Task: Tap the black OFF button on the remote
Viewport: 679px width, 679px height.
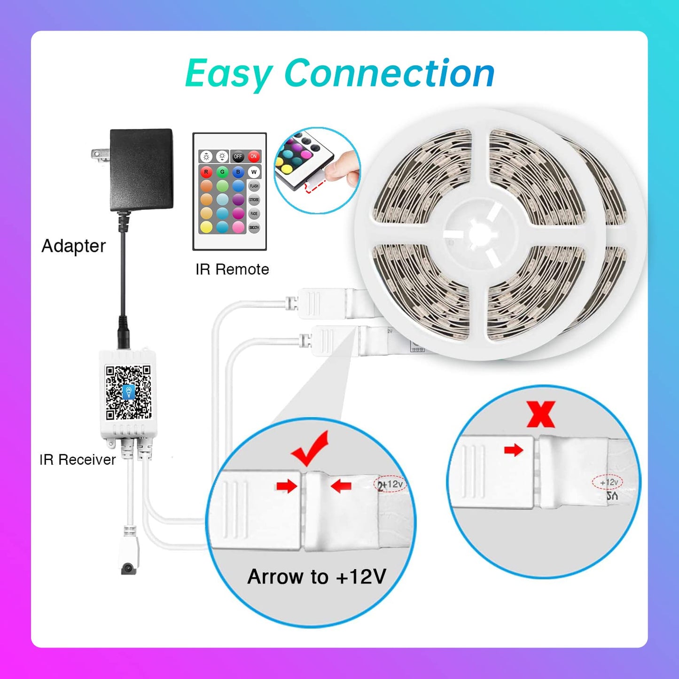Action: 238,156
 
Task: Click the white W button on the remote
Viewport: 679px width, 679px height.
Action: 254,172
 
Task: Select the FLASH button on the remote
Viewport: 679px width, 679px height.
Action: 254,186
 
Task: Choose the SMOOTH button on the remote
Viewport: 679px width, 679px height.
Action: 254,227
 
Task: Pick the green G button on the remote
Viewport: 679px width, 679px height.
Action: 222,172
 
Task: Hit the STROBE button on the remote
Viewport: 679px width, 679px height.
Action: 254,200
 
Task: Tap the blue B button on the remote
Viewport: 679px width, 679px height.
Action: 238,172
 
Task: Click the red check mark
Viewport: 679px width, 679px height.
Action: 310,448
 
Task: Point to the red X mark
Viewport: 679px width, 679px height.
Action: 541,414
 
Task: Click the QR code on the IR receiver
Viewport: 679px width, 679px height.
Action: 128,392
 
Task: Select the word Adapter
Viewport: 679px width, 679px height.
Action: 74,246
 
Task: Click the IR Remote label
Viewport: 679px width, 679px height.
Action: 232,269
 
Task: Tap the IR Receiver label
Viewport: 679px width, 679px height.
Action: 78,460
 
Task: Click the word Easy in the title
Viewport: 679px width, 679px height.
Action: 229,74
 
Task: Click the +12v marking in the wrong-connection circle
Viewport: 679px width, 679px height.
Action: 609,482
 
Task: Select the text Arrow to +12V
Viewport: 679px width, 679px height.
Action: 317,577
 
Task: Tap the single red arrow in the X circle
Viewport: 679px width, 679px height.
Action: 514,450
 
